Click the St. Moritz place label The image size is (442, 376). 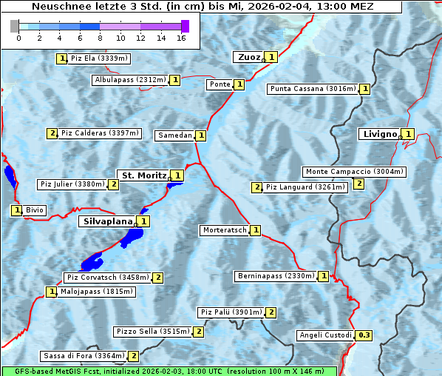tap(143, 175)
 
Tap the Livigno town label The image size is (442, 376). tap(378, 134)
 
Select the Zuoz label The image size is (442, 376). tap(248, 57)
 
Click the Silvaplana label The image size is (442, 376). tap(107, 221)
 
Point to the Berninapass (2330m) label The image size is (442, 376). tap(276, 276)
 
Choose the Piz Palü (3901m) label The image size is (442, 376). tap(231, 312)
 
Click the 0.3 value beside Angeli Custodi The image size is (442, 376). tap(364, 335)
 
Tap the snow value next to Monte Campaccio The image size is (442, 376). tap(358, 184)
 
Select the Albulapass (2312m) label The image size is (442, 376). tap(130, 80)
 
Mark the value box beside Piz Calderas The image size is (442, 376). tap(52, 133)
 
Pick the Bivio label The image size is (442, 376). tap(35, 210)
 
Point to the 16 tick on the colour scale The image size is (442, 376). tap(181, 38)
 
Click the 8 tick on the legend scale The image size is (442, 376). tap(100, 38)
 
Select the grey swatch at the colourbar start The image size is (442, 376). tap(14, 26)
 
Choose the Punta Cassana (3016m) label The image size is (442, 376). tap(313, 89)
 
